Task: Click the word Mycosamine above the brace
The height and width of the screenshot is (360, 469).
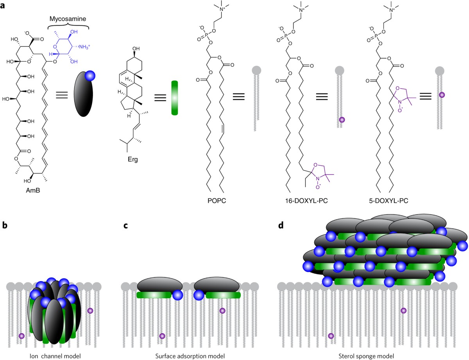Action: (69, 19)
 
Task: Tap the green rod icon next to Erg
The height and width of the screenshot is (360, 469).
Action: (175, 98)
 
